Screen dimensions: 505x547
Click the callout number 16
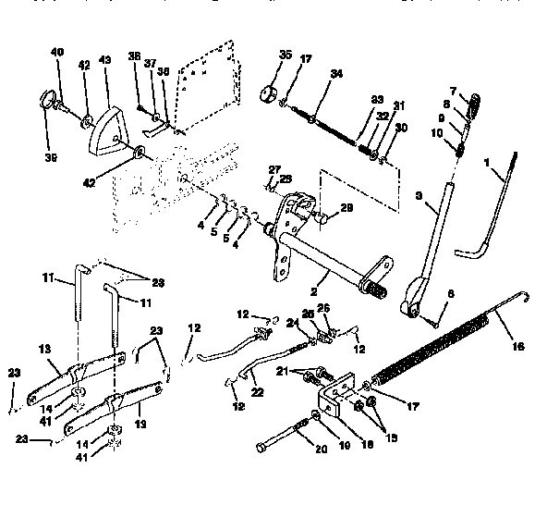click(517, 348)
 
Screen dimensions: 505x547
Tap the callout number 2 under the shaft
click(313, 277)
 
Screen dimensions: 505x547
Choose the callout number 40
click(57, 55)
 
